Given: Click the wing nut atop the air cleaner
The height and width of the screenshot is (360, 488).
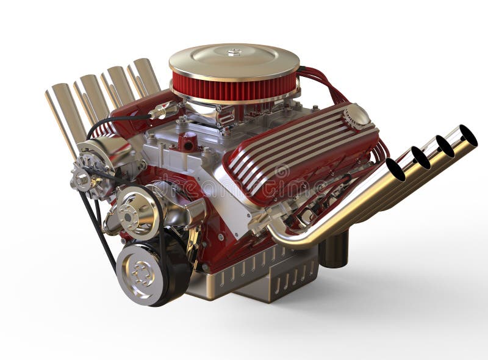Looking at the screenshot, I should click(x=234, y=52).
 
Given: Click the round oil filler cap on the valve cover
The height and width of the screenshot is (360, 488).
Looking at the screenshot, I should click(x=356, y=116).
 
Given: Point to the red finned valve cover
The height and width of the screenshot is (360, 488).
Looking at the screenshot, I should click(x=299, y=153).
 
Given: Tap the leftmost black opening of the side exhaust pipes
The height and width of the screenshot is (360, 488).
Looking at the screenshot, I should click(x=395, y=169).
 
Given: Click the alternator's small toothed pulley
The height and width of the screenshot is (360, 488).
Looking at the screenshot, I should click(x=82, y=178).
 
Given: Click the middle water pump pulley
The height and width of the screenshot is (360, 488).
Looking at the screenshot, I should click(x=135, y=211).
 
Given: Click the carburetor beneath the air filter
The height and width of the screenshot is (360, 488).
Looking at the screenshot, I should click(x=213, y=116).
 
